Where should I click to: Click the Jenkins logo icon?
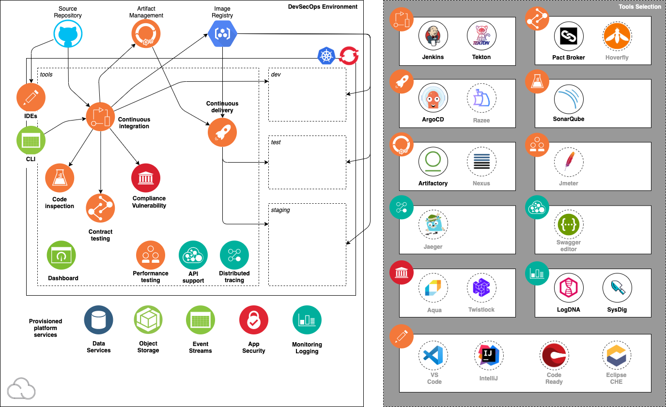click(433, 36)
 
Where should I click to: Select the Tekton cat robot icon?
click(481, 36)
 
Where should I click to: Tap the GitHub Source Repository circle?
click(68, 33)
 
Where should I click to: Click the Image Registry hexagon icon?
click(222, 33)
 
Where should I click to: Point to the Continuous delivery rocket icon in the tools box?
click(222, 132)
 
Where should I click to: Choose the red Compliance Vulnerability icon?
click(146, 178)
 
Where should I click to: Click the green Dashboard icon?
click(62, 256)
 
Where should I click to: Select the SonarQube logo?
click(569, 99)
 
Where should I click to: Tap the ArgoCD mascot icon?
click(433, 98)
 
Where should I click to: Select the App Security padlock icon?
click(254, 320)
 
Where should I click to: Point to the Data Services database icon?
click(98, 320)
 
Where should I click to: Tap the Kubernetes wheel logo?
click(326, 56)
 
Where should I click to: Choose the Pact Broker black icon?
click(569, 36)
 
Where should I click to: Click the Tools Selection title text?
click(639, 6)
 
